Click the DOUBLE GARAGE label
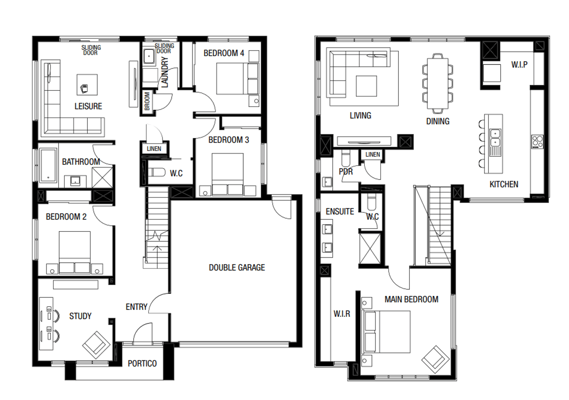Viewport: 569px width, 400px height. [x=237, y=267]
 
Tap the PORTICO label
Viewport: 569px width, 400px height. [x=142, y=363]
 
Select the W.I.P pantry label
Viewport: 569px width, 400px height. [x=519, y=64]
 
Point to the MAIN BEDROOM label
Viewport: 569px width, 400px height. [x=411, y=299]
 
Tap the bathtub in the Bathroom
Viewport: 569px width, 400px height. [x=48, y=165]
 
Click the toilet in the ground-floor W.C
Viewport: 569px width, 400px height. [x=156, y=172]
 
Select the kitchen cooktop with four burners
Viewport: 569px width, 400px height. [x=537, y=142]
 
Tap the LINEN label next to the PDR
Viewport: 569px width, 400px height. [x=373, y=155]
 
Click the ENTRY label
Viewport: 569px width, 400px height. [x=136, y=307]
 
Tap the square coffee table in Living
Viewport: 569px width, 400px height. [x=367, y=86]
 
